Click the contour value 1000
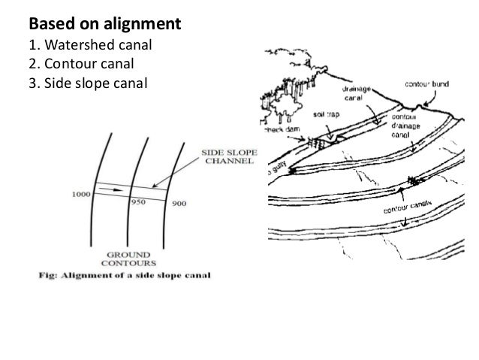[x=82, y=194]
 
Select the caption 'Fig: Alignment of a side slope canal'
[x=125, y=274]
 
